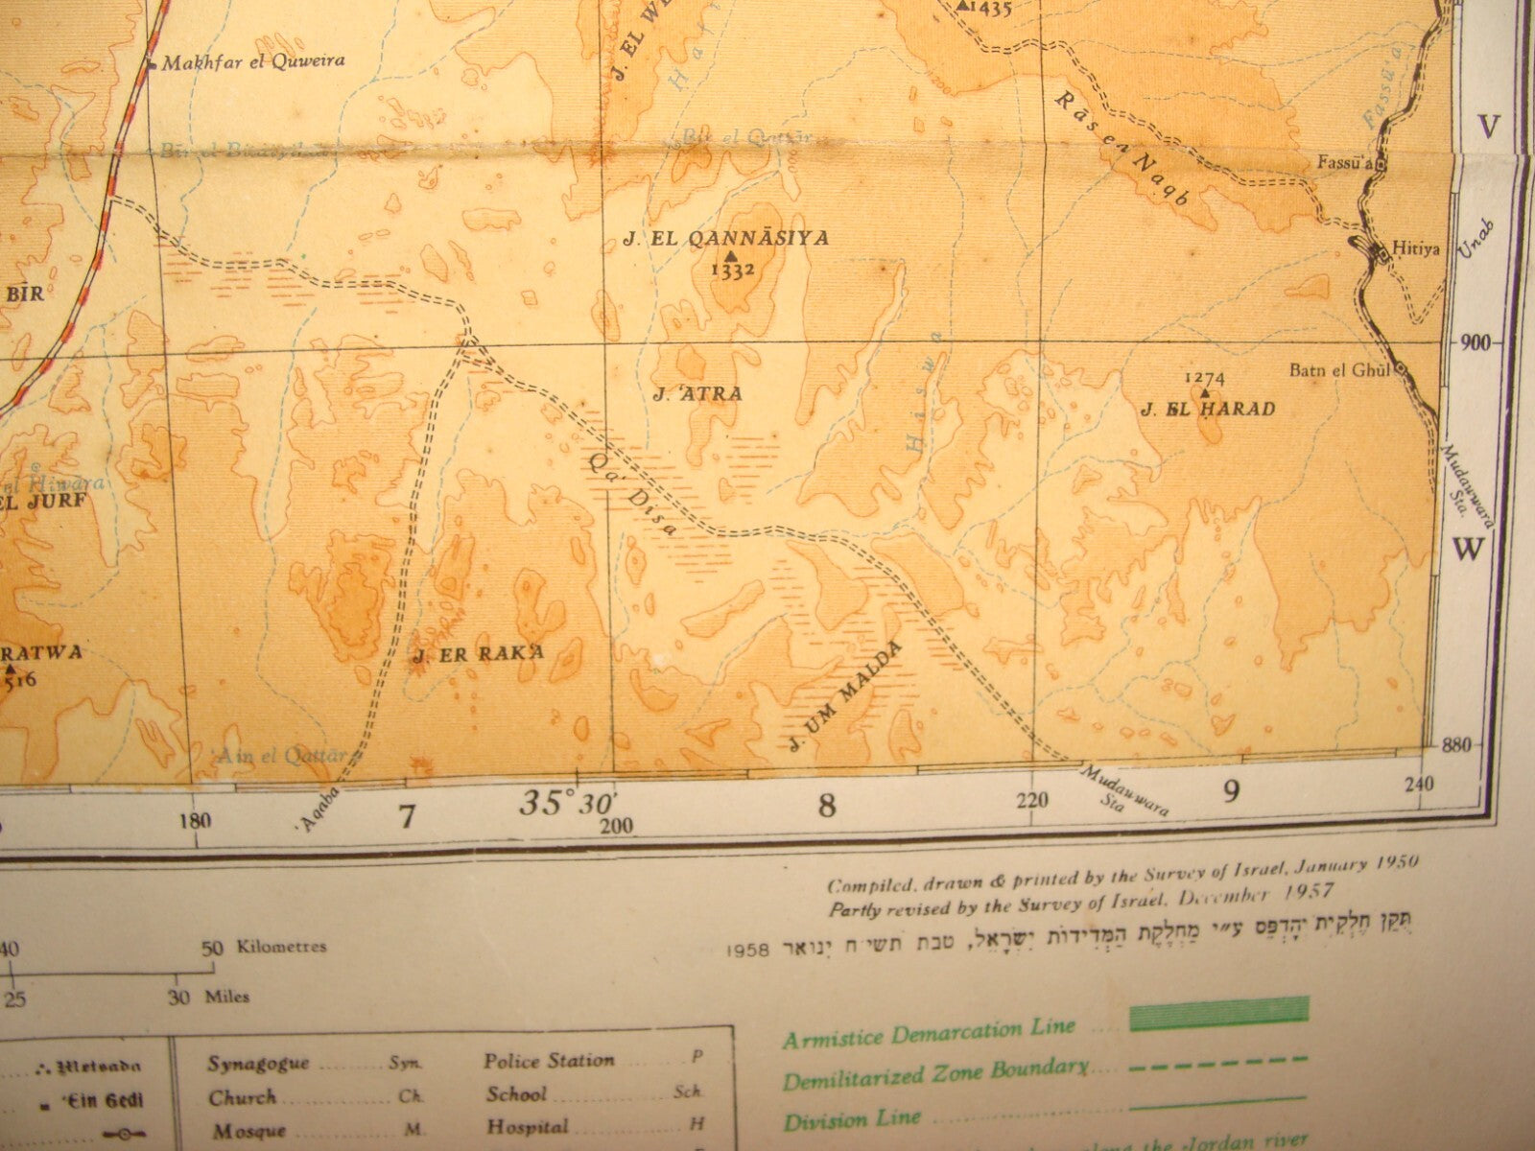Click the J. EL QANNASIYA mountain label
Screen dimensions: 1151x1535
(x=725, y=239)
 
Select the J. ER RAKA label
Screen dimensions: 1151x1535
(x=478, y=654)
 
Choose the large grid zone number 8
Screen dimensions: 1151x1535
(x=826, y=806)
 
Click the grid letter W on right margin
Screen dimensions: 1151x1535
(x=1467, y=550)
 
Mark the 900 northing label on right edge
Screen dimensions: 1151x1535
(x=1471, y=343)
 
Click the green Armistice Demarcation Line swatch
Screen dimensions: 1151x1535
(x=1218, y=1014)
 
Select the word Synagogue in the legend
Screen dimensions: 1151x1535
(x=258, y=1063)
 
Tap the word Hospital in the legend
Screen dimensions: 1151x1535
(x=527, y=1126)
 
